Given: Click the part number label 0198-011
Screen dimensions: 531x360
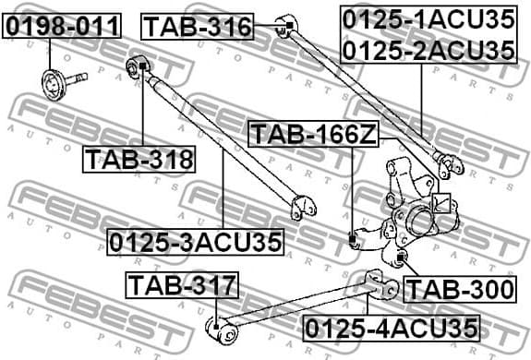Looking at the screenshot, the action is [x=62, y=26].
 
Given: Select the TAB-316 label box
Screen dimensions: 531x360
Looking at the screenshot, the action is [x=198, y=27].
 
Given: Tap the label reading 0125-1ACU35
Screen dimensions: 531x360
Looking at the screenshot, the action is [x=427, y=18].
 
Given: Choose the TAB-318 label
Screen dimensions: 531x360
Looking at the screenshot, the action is [x=140, y=160].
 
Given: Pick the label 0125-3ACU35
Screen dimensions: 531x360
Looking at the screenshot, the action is [x=195, y=242].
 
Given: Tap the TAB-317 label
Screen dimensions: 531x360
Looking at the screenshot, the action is [x=182, y=285].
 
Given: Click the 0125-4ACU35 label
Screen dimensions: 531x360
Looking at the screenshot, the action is [x=392, y=327].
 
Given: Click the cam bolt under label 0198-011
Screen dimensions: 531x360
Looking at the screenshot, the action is [x=57, y=80].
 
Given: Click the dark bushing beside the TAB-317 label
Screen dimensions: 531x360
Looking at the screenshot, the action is [x=215, y=325].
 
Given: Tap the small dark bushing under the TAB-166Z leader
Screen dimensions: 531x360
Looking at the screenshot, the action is [x=354, y=241].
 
